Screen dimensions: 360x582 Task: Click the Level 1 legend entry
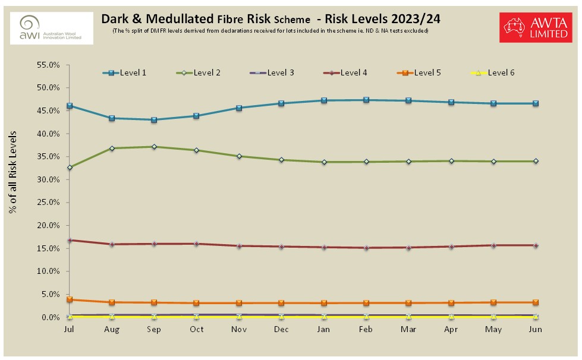pos(124,73)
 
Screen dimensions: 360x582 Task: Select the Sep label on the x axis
pos(154,329)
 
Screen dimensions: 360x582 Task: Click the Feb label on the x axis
pos(366,329)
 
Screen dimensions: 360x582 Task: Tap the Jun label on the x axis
pos(536,329)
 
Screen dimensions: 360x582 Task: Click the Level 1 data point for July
pos(70,106)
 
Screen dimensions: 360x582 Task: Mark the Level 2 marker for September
pos(154,147)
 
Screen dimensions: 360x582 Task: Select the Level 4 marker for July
pos(70,240)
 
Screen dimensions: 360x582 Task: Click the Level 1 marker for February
pos(366,100)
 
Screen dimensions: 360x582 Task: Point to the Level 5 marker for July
pos(70,299)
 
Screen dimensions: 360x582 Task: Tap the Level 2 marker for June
pos(536,161)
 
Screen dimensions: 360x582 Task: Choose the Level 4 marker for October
pos(197,244)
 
